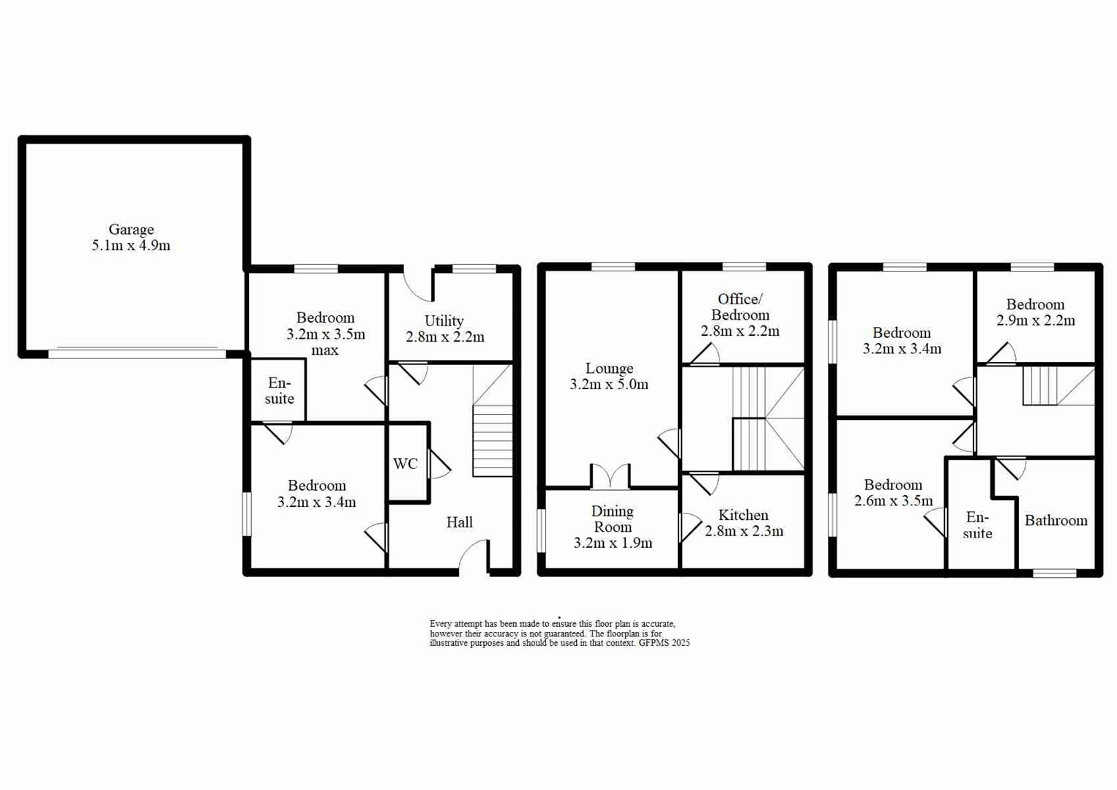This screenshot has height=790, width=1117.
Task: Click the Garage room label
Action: point(131,230)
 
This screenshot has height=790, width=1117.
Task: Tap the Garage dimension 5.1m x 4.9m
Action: point(131,246)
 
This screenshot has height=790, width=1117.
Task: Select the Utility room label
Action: point(444,321)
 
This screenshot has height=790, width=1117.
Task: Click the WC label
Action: point(406,463)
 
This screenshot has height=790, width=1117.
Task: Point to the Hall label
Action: point(460,522)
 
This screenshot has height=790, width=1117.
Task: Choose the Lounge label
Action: point(609,369)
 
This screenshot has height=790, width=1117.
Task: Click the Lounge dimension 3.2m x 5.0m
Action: point(609,385)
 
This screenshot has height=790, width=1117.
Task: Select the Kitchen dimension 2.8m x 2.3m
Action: point(744,531)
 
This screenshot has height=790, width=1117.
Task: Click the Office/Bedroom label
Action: point(740,307)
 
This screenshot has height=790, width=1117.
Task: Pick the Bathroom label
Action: point(1056,521)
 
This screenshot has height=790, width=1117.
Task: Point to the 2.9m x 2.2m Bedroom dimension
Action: point(1035,320)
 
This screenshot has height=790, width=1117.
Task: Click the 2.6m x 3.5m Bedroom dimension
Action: point(893,501)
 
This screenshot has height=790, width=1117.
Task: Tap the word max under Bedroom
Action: point(325,350)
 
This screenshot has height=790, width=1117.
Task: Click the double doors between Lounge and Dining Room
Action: point(610,476)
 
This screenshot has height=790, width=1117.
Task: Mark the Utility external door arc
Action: point(418,287)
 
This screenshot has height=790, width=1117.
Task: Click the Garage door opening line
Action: point(137,353)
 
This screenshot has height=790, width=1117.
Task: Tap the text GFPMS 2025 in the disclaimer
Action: point(664,643)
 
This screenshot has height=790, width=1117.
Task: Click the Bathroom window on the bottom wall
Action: point(1054,573)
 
